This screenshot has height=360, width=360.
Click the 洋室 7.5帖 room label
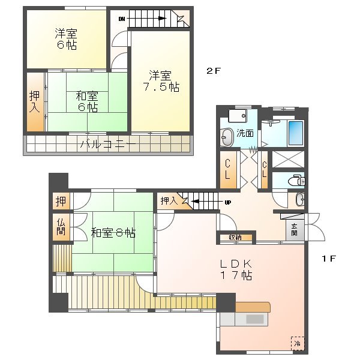point(160,81)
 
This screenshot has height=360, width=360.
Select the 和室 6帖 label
point(88,101)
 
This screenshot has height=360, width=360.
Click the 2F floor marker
point(214,71)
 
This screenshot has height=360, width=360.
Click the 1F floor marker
point(328,259)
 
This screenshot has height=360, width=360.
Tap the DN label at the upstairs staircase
point(122,19)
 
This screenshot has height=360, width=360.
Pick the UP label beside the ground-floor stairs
point(227,202)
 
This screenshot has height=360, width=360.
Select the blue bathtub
point(296,132)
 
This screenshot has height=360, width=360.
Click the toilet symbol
point(296,180)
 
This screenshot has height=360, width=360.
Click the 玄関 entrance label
point(294,229)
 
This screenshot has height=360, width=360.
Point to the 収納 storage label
point(235,238)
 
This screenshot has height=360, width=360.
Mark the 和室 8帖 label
point(113,232)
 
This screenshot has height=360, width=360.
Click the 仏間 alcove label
point(61,227)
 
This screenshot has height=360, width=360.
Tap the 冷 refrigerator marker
point(297,344)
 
